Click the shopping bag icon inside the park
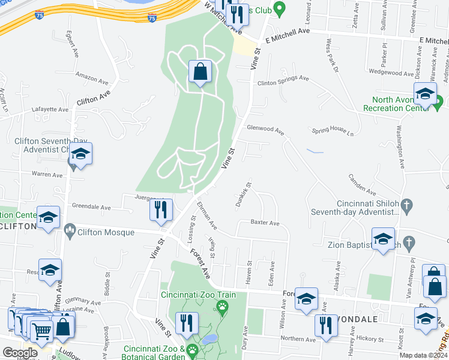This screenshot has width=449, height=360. [x=200, y=73]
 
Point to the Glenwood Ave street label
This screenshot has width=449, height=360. [x=265, y=128]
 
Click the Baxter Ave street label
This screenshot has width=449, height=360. [x=265, y=223]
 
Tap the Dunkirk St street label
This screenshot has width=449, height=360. [x=243, y=196]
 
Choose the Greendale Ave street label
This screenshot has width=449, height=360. [x=91, y=207]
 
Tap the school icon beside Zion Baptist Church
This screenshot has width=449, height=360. [x=383, y=239]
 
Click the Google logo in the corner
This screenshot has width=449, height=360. [x=20, y=353]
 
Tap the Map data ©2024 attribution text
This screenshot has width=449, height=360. [x=423, y=355]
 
